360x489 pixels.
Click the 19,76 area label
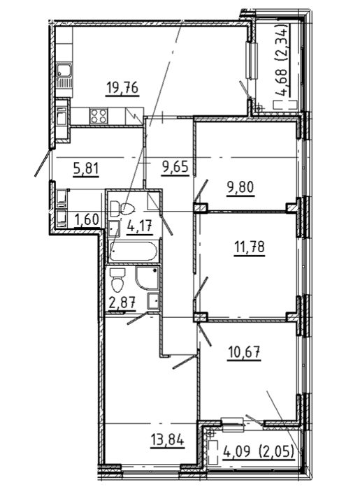122,88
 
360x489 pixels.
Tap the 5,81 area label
86,169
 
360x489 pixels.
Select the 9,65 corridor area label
175,168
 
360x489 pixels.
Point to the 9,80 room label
240,187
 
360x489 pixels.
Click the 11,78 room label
250,247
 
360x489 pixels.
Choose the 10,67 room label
244,353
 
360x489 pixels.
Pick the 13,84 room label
167,441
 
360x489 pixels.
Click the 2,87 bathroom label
122,302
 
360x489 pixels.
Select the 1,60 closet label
87,220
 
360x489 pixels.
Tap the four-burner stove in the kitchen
99,116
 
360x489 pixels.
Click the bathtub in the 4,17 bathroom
134,250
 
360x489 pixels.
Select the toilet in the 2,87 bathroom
117,279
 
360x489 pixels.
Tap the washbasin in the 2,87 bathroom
154,301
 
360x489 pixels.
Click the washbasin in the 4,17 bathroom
114,229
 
